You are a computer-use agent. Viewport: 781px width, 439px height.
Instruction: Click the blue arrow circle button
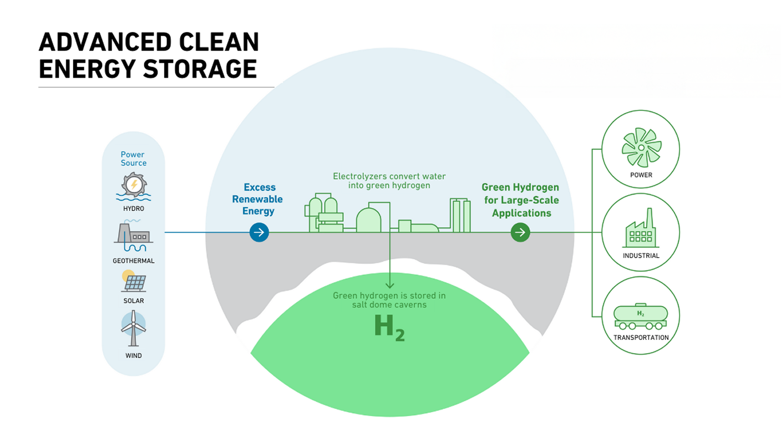click(x=259, y=232)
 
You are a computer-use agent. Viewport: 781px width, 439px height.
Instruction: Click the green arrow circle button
click(x=520, y=232)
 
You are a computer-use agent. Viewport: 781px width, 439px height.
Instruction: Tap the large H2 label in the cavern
click(x=389, y=327)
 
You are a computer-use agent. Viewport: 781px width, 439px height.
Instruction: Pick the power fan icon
click(x=641, y=147)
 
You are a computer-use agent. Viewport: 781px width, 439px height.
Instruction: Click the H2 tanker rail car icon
click(x=641, y=316)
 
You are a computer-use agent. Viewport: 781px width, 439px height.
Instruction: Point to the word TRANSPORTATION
click(x=641, y=338)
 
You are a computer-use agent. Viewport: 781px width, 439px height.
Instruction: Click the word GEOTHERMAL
click(x=133, y=261)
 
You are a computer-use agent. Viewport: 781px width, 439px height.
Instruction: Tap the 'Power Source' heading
click(x=133, y=159)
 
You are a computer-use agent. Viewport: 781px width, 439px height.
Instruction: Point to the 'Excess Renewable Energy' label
click(x=257, y=199)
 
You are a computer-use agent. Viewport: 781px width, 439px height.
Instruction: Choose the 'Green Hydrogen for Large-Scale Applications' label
click(x=520, y=200)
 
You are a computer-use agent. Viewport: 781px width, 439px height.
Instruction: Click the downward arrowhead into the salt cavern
click(x=389, y=285)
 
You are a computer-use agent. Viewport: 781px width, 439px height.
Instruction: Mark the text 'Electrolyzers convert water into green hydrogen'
click(x=389, y=181)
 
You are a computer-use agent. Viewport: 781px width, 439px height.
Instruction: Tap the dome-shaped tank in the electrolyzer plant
click(x=369, y=219)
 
